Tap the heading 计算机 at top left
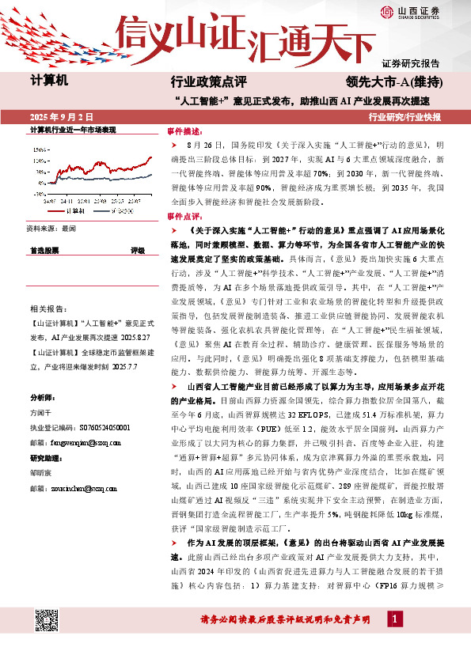point(50,81)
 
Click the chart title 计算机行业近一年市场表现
point(73,129)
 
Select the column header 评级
point(137,250)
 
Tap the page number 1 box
point(393,640)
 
